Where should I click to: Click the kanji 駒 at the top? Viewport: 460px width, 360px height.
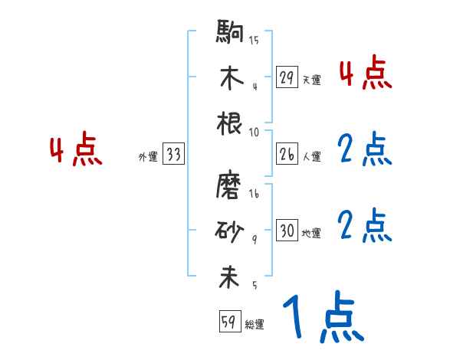[230, 33]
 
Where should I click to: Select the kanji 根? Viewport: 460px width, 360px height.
[230, 123]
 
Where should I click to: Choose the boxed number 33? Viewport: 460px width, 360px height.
[173, 155]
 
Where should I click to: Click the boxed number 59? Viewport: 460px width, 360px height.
[228, 322]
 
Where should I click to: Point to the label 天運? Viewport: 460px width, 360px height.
[311, 80]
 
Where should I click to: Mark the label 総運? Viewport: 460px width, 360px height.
[255, 325]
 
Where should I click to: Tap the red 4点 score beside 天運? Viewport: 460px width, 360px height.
[365, 75]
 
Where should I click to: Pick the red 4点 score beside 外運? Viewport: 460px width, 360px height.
[75, 151]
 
